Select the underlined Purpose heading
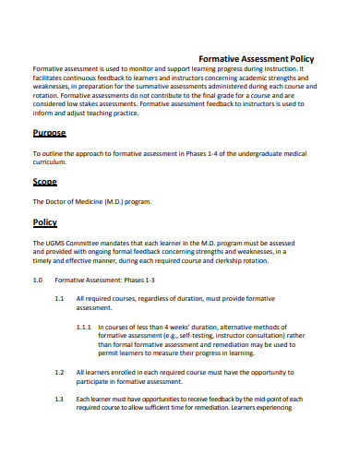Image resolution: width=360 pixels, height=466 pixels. coord(49,133)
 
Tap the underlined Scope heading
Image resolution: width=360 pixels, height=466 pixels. coord(45,182)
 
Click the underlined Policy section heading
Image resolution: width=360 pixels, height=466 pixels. coord(45,222)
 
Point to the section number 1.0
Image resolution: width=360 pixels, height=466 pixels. coord(38,279)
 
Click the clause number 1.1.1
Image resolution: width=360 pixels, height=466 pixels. coord(83,327)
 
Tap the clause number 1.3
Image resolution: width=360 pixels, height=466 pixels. coord(59,399)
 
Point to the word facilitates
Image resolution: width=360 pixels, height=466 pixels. coord(53,78)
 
